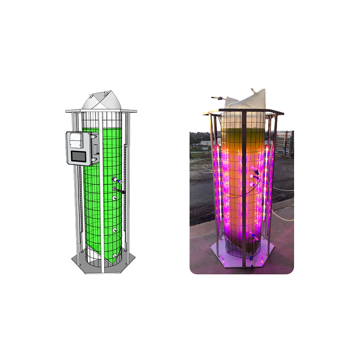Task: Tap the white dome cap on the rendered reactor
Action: click(101, 101)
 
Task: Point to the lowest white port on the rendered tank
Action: click(115, 256)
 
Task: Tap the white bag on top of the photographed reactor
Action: click(247, 100)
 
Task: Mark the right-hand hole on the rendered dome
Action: click(107, 95)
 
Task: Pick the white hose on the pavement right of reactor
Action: click(283, 213)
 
